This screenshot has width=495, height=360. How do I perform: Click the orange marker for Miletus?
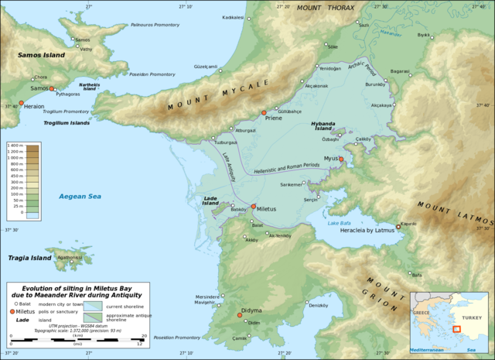253,207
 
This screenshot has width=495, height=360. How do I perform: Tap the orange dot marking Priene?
265,111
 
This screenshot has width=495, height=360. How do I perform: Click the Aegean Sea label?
80,197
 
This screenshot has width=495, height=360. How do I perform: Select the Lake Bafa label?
340,223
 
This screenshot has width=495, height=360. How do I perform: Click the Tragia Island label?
29,258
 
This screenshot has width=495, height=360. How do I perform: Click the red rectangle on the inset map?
457,329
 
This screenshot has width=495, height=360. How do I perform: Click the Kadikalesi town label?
233,16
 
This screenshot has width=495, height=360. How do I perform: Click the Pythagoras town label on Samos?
68,93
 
